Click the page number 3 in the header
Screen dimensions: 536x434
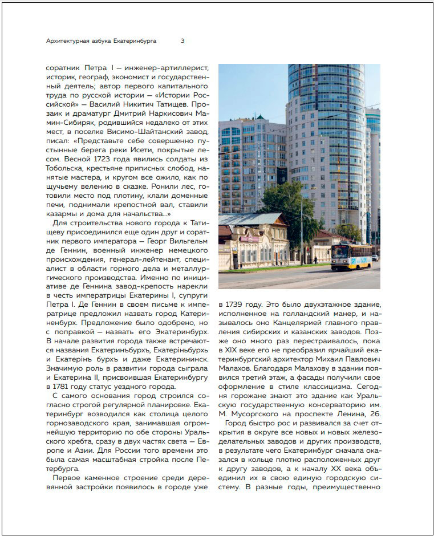coord(182,41)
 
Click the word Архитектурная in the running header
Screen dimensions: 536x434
coord(68,41)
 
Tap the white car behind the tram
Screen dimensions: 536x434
coord(375,258)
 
